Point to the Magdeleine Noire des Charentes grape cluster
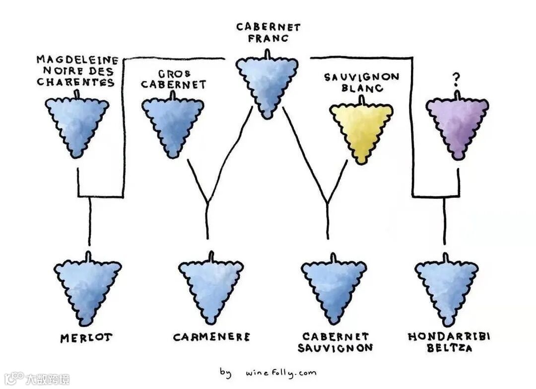pyautogui.click(x=77, y=124)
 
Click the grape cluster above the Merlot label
pyautogui.click(x=87, y=288)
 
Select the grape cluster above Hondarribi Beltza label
pyautogui.click(x=446, y=288)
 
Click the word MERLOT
pyautogui.click(x=86, y=338)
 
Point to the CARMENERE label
pyautogui.click(x=211, y=337)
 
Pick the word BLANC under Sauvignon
pyautogui.click(x=362, y=88)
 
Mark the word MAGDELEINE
pyautogui.click(x=77, y=60)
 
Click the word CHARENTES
pyautogui.click(x=76, y=82)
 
